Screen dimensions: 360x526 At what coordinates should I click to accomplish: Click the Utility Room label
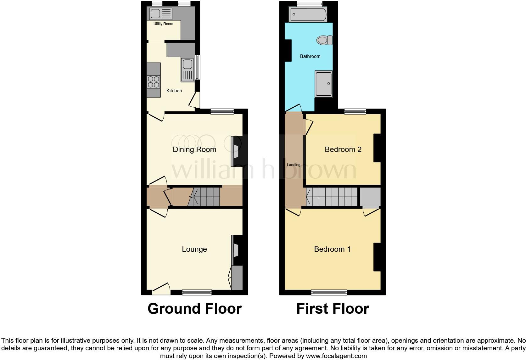click(x=163, y=24)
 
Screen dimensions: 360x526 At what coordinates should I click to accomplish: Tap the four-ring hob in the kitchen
click(x=153, y=82)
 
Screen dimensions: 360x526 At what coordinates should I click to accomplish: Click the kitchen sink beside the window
click(x=187, y=69)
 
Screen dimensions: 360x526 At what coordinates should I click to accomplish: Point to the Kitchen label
click(x=174, y=91)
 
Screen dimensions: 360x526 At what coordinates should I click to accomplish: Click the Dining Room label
click(x=194, y=149)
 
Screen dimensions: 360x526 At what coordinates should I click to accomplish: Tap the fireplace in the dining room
click(x=235, y=151)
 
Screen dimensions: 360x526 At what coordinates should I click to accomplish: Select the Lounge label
click(x=194, y=249)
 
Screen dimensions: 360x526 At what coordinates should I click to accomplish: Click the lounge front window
click(x=197, y=292)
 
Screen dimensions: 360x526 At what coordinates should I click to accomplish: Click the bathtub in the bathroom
click(x=308, y=14)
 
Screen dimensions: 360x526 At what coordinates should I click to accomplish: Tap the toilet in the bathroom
click(x=324, y=40)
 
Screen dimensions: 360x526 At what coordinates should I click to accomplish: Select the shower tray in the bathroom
click(x=323, y=84)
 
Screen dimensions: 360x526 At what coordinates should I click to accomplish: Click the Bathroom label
click(x=310, y=56)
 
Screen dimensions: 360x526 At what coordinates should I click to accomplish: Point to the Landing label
click(x=294, y=165)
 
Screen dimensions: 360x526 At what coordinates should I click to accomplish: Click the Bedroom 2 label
click(x=343, y=149)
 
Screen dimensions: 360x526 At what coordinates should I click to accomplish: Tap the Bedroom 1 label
click(x=332, y=249)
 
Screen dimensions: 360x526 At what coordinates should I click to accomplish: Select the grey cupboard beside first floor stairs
click(x=370, y=197)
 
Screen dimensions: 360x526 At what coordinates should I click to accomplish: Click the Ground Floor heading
click(x=194, y=309)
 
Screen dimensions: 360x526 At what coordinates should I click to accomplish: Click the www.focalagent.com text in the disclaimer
click(x=336, y=356)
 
